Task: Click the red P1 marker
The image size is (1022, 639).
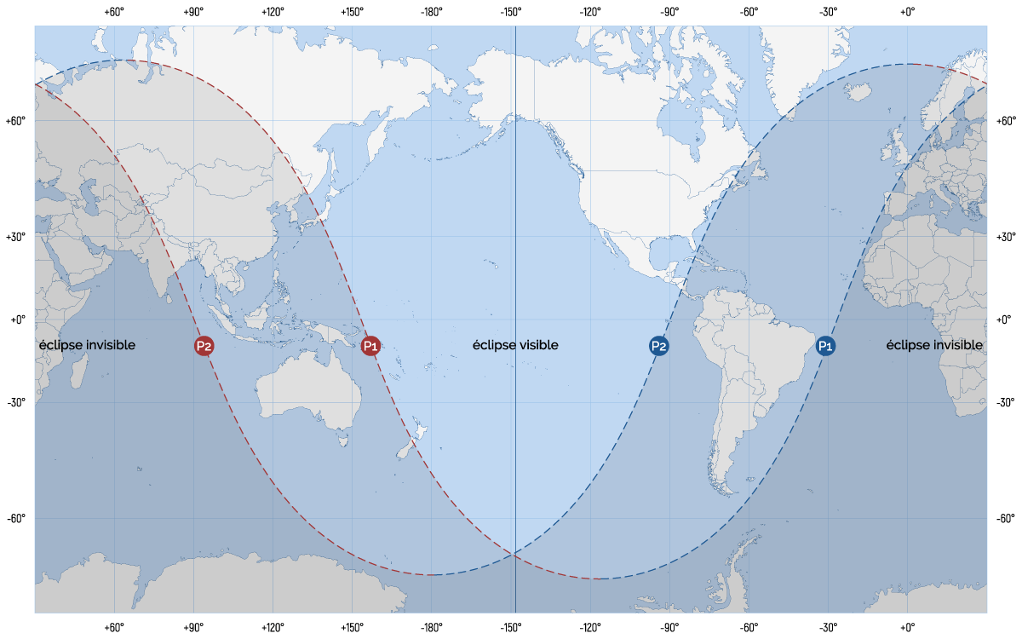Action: [x=370, y=346]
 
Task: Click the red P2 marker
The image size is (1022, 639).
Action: [x=204, y=346]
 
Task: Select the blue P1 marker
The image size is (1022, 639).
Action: [x=825, y=346]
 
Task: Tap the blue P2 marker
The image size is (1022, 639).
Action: [x=658, y=346]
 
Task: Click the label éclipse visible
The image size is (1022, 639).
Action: [x=515, y=345]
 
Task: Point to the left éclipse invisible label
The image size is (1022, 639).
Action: [x=87, y=345]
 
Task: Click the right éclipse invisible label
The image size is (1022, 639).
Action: [x=934, y=345]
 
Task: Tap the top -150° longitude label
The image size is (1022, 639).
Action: [x=511, y=12]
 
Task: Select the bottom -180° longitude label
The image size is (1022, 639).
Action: [x=431, y=628]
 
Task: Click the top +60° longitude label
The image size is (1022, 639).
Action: [x=114, y=12]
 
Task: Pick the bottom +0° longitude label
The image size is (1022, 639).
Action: [x=907, y=628]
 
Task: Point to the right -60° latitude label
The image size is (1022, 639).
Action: [x=1006, y=518]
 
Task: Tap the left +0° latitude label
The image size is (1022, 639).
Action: [x=18, y=319]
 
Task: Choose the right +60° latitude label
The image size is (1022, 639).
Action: [x=1006, y=121]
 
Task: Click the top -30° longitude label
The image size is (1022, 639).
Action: [x=828, y=12]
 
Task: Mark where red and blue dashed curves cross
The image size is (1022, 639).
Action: [x=514, y=555]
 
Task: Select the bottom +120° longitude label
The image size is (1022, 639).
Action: [x=273, y=628]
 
